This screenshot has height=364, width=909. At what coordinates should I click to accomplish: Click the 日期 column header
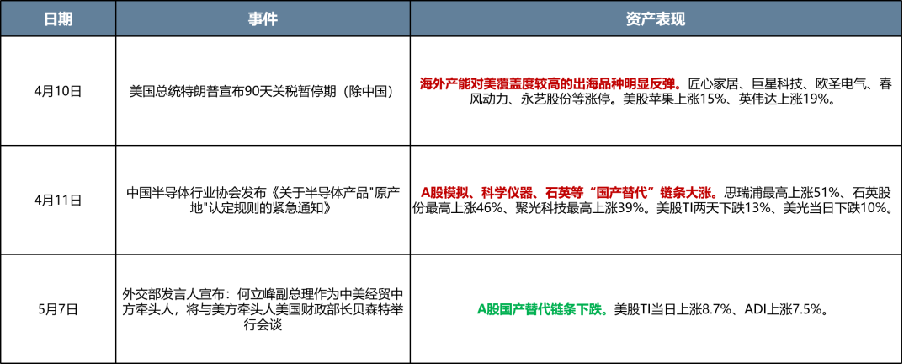[x=58, y=19]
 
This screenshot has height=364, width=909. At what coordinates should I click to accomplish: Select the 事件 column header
[x=263, y=19]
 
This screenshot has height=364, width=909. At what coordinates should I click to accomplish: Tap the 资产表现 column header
[x=656, y=19]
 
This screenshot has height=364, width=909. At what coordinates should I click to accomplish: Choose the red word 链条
[x=672, y=192]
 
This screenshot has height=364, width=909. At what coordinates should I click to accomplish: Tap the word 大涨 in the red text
[x=698, y=192]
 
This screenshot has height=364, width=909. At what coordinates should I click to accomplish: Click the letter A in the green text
[x=481, y=309]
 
